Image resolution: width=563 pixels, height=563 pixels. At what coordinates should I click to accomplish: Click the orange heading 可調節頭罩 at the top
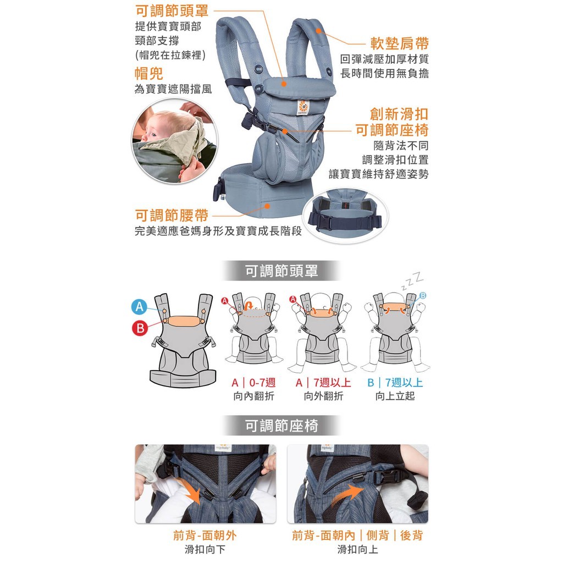172,11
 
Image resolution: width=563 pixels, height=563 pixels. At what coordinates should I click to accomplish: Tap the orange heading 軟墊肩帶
399,43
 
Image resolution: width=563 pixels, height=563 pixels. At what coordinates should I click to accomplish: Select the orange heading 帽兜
149,73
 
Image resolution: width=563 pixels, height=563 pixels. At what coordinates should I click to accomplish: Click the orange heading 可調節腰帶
172,215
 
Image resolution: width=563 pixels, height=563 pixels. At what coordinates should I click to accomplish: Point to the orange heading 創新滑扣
399,114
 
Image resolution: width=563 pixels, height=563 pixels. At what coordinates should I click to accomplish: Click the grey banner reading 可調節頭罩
281,271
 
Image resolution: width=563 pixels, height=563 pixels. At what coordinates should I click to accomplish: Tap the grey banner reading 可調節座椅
281,426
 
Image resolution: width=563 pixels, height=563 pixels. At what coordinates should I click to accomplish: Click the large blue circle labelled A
139,307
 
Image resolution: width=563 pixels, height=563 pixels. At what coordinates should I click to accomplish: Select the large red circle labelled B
140,328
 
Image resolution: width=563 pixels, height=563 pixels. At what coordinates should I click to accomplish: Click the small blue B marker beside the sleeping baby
423,295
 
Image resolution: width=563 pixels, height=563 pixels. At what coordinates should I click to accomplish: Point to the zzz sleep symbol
412,281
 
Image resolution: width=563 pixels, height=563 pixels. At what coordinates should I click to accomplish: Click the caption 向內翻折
253,396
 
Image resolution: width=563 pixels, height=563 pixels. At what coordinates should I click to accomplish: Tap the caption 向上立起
395,396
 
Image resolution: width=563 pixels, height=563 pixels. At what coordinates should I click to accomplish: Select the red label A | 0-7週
253,383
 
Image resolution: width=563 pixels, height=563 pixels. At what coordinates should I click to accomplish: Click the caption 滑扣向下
205,549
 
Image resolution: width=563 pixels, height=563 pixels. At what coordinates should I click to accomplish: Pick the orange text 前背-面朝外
205,536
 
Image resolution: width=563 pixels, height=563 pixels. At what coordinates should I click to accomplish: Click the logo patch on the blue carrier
303,107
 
